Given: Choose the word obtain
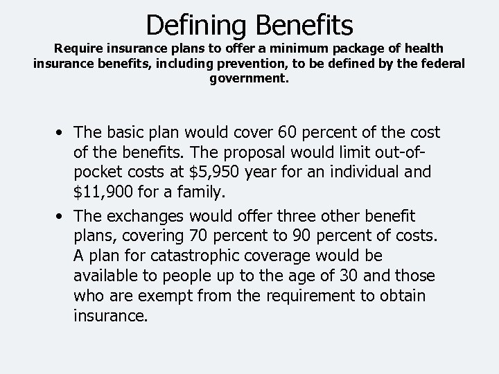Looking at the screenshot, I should click(403, 295).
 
